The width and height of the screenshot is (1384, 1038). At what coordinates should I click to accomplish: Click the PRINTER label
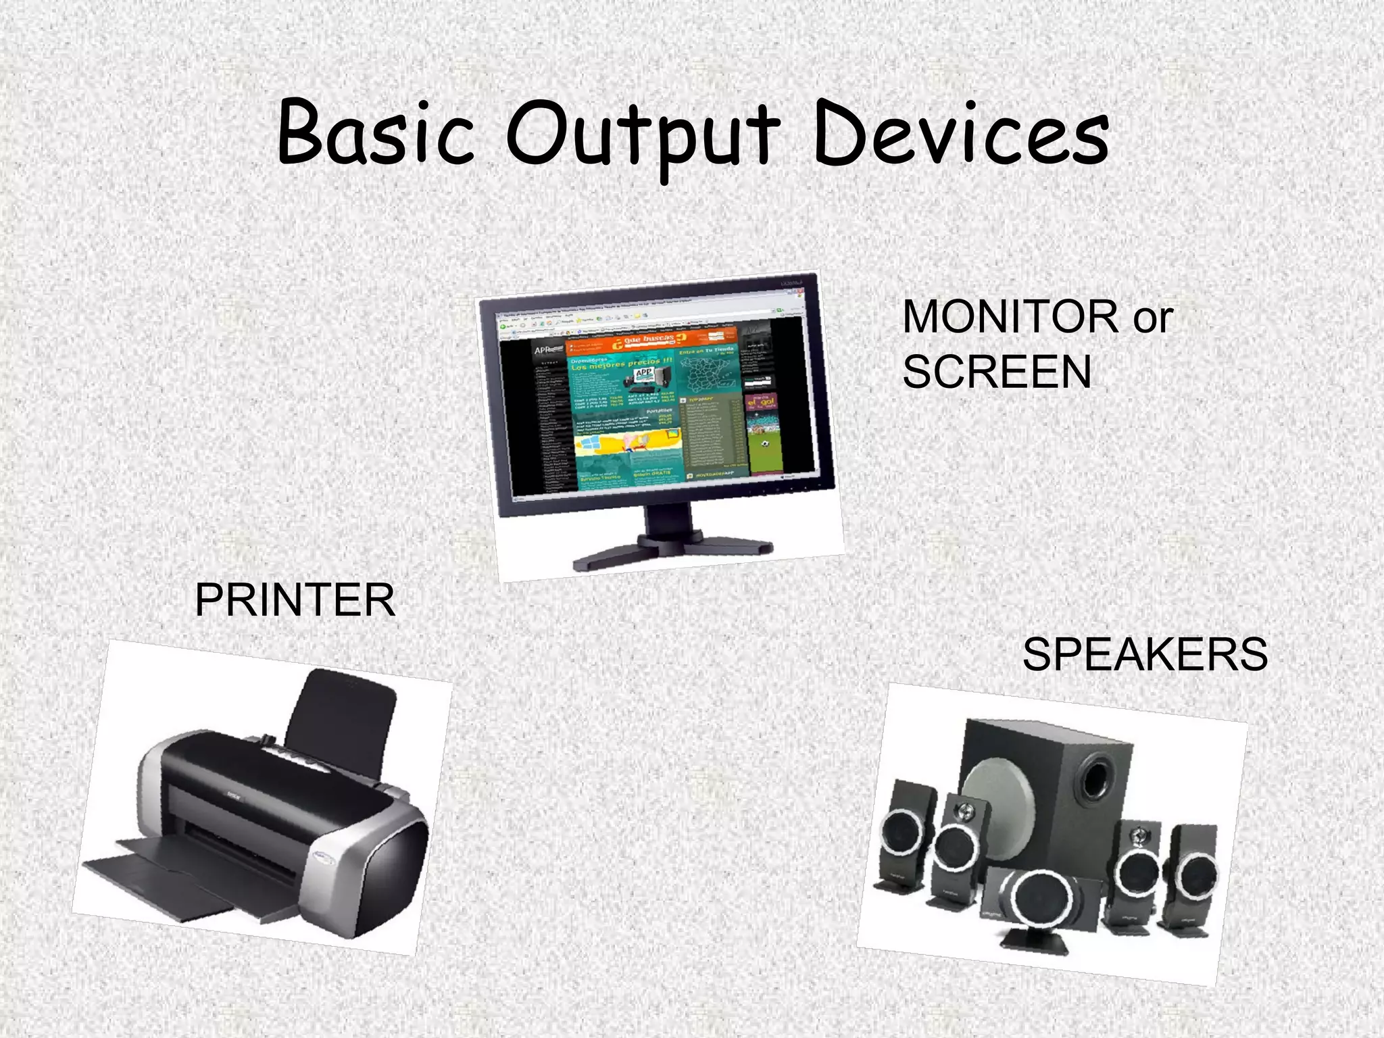pyautogui.click(x=295, y=600)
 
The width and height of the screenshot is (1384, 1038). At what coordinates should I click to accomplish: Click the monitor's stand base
pyautogui.click(x=672, y=551)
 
